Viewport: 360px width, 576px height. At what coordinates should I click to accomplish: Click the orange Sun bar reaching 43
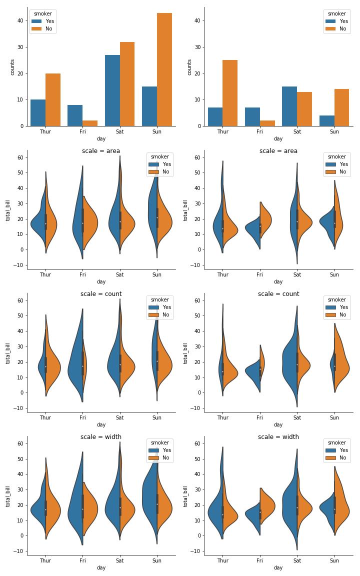click(x=164, y=69)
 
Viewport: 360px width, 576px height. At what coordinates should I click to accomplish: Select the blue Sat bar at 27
click(x=112, y=90)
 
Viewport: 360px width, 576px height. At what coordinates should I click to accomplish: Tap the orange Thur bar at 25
click(x=230, y=93)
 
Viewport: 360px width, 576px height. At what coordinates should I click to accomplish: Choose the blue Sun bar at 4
click(x=327, y=120)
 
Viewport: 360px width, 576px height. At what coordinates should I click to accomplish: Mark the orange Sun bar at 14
click(x=342, y=107)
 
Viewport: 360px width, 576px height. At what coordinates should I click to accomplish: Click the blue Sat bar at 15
click(x=289, y=106)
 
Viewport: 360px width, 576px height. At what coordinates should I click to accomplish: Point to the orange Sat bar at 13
click(x=304, y=109)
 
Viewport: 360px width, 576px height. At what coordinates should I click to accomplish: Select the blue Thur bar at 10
click(x=38, y=113)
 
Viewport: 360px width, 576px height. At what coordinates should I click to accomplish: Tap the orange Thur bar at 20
click(x=53, y=99)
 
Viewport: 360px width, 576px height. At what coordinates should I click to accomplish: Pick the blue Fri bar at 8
click(x=75, y=115)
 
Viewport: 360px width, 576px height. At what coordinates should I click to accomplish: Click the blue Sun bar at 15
click(x=149, y=106)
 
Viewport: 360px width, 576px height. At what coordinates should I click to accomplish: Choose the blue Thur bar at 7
click(x=215, y=116)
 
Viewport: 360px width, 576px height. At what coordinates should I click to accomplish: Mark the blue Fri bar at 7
click(x=252, y=116)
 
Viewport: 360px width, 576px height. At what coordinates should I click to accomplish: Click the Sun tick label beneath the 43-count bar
click(x=157, y=132)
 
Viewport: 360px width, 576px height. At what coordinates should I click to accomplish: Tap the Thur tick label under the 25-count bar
click(x=222, y=132)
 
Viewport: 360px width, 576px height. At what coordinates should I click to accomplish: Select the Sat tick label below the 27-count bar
click(x=120, y=132)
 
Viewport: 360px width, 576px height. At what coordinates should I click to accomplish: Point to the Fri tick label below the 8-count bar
click(x=82, y=132)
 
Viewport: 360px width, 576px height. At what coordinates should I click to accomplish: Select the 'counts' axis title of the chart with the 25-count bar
click(x=189, y=67)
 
